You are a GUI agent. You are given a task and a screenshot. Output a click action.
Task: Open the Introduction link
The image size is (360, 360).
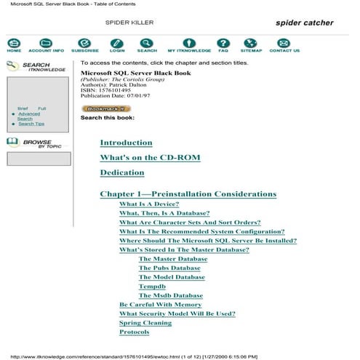(126, 143)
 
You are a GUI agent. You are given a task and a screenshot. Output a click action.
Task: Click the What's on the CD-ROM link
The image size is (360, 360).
(150, 158)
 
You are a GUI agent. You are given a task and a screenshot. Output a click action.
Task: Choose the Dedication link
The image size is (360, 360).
(122, 173)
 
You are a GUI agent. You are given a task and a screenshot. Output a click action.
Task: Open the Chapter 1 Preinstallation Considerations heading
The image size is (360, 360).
(188, 194)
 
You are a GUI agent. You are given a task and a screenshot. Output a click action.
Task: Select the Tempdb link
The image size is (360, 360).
(152, 287)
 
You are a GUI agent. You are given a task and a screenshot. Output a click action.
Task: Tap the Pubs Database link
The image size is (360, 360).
(169, 268)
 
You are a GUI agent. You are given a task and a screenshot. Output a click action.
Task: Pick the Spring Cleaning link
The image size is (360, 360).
(145, 323)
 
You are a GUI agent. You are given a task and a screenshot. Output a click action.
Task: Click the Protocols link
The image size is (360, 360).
(134, 332)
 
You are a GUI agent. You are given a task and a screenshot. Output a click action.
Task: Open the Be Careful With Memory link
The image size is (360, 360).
(160, 305)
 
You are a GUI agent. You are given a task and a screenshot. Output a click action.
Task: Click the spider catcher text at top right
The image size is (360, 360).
(304, 23)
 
